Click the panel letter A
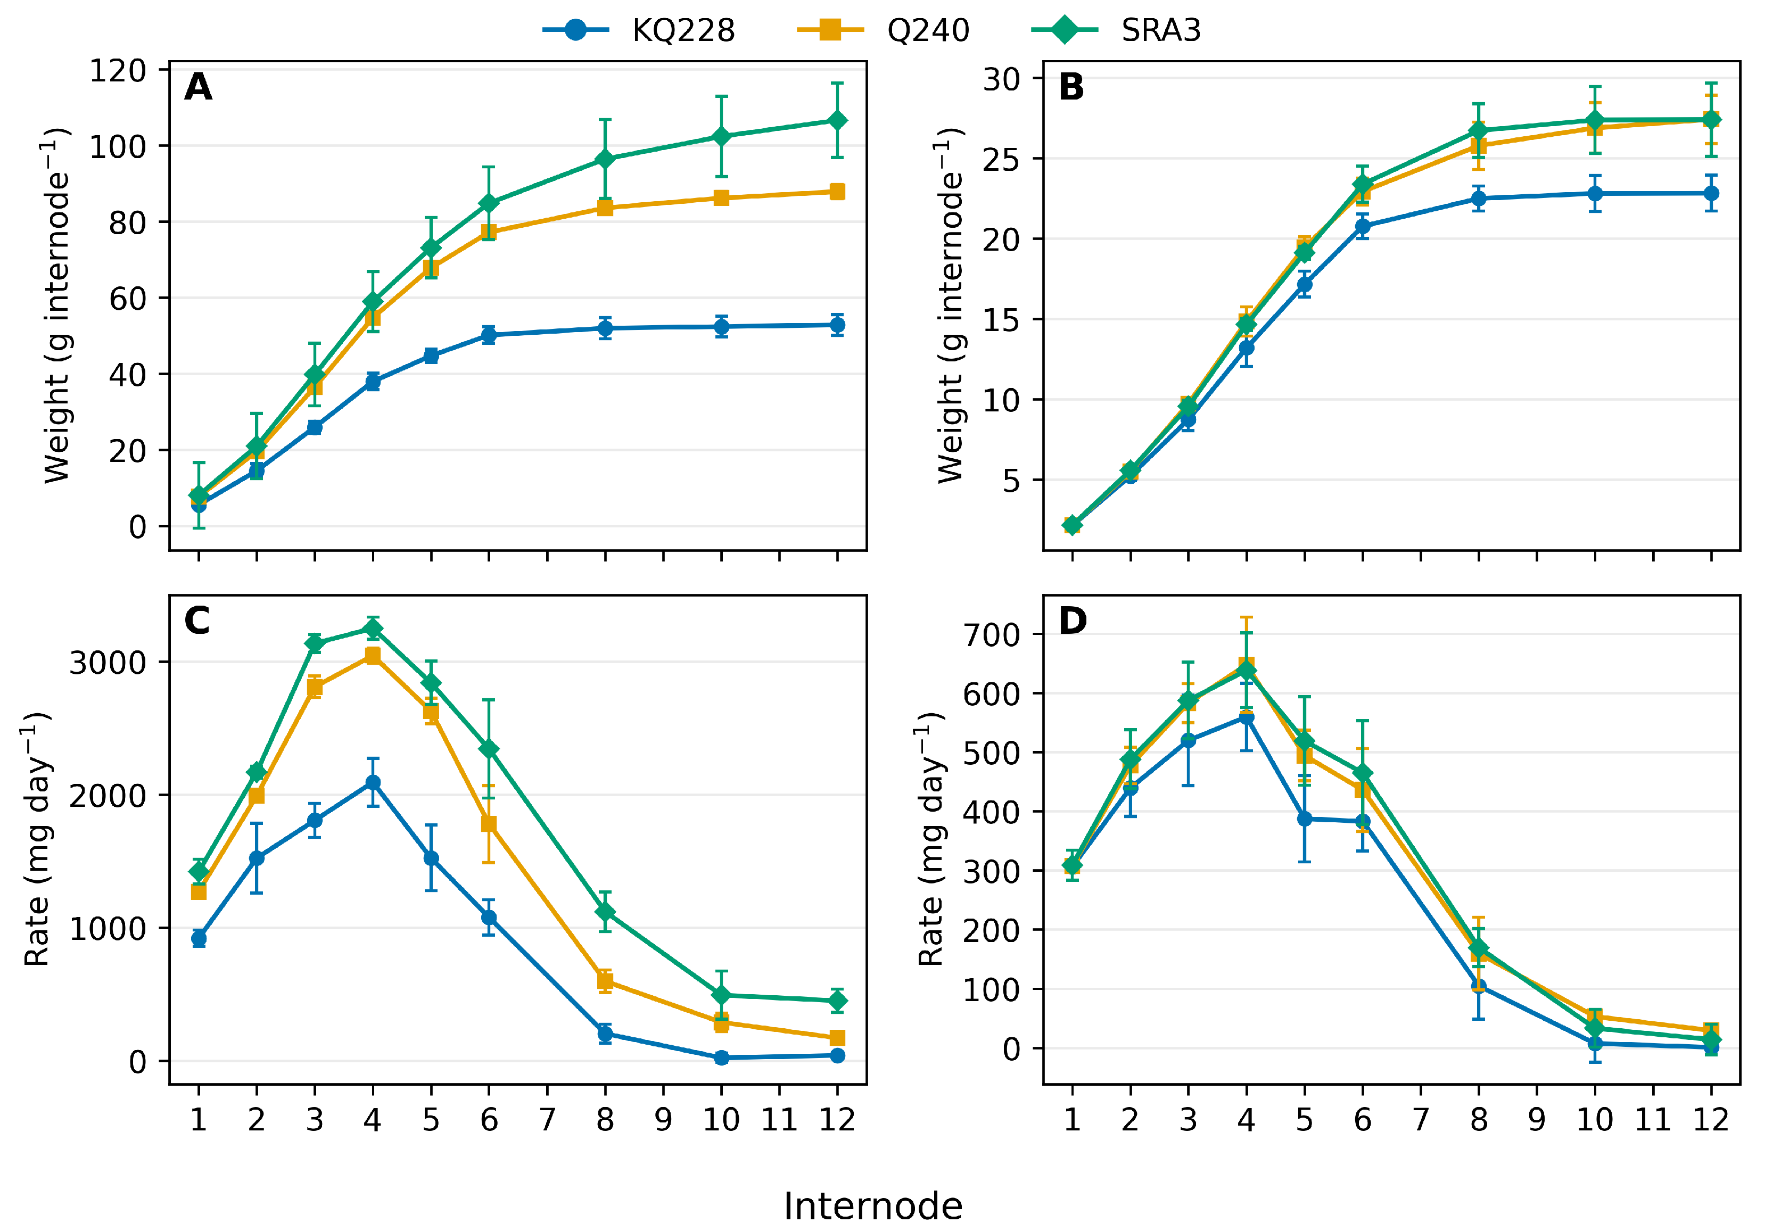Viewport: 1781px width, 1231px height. pos(198,87)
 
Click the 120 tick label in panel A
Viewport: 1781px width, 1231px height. pos(118,71)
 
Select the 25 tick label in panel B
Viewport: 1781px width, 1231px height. pos(1001,160)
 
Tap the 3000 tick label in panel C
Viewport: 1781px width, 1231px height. pos(108,663)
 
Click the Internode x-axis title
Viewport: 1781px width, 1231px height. pos(872,1205)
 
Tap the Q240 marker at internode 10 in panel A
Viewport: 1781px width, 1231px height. pos(721,198)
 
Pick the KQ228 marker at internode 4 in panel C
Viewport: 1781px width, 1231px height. pos(373,783)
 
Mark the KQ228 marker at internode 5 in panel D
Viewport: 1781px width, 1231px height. pos(1304,819)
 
